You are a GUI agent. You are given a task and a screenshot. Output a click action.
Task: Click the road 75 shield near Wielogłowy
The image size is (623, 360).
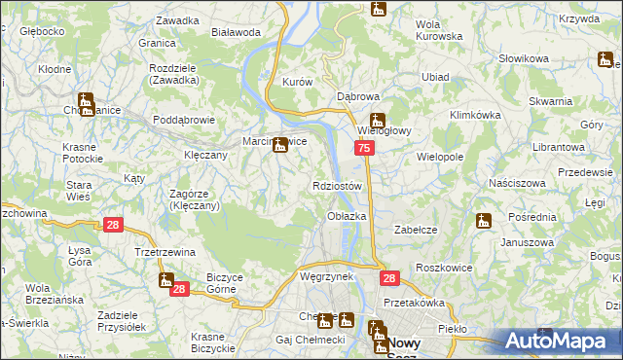coord(363,148)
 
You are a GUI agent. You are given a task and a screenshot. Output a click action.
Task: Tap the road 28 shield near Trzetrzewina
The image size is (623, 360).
coord(113,225)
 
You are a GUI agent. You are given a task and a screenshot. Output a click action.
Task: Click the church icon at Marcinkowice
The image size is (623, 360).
coord(281,147)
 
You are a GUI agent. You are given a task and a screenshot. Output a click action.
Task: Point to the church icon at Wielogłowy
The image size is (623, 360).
coord(378,123)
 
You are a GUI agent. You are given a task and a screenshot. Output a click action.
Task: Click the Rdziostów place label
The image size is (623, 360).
coord(338,186)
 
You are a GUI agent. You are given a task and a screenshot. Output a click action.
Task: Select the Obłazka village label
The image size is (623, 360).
coord(347,215)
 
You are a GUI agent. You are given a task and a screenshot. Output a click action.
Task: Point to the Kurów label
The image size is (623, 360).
coord(296,83)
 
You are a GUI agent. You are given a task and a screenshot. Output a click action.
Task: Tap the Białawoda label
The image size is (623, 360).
coord(237,32)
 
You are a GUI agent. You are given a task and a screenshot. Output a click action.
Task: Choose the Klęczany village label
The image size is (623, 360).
coord(205,155)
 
